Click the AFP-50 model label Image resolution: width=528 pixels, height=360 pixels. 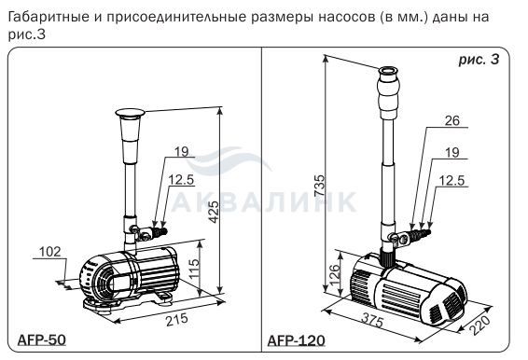tap(41, 339)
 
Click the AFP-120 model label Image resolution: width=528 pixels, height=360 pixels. tap(297, 340)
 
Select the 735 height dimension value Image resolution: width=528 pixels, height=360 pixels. tap(319, 186)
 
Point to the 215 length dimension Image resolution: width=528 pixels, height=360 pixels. tap(177, 319)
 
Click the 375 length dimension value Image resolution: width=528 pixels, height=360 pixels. tap(372, 320)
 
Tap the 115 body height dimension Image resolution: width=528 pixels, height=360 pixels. tap(194, 269)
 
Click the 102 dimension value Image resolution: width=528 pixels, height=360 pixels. tap(50, 252)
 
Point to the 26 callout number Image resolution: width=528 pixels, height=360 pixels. tap(452, 120)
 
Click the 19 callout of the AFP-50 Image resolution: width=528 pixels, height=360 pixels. tap(182, 151)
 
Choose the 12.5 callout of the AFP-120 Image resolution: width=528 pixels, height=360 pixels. tap(452, 181)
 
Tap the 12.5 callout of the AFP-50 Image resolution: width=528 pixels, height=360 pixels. tap(181, 180)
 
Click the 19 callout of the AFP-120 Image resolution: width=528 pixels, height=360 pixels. tap(452, 152)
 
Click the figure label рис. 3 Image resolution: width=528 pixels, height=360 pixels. tap(479, 60)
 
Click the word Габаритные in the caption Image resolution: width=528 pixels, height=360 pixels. tap(49, 18)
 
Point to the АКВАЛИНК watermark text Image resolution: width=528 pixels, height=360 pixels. tap(263, 202)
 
